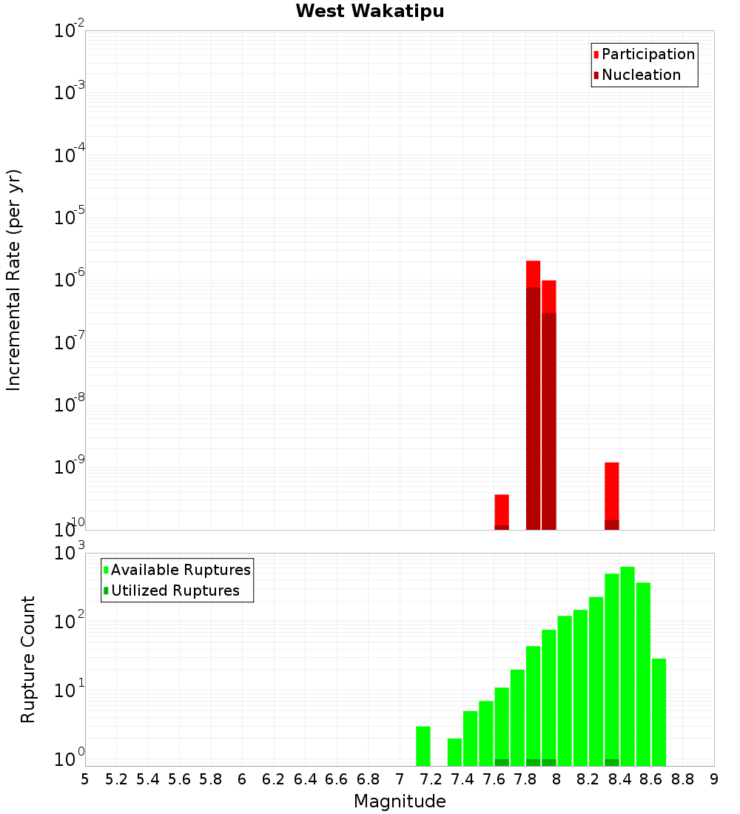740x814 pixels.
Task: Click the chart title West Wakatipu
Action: (x=370, y=12)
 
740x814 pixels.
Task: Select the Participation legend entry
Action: (x=648, y=54)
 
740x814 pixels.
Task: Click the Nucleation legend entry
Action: (x=641, y=75)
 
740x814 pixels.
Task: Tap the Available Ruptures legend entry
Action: (x=181, y=570)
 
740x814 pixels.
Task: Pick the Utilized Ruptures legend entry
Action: (x=175, y=591)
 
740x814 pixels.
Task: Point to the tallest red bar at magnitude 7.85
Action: (x=533, y=392)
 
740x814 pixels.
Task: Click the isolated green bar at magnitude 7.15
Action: (x=423, y=746)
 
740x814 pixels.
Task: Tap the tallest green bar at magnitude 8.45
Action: (x=628, y=666)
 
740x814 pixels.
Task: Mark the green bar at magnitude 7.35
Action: (x=454, y=752)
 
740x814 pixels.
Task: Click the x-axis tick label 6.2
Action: (x=274, y=779)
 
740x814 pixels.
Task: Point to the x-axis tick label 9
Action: (x=714, y=779)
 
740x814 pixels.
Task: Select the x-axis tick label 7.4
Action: (x=462, y=779)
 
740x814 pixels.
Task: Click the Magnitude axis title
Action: (x=400, y=801)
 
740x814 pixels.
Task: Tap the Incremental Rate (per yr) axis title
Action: (x=14, y=280)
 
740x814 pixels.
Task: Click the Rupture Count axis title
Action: (x=28, y=659)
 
